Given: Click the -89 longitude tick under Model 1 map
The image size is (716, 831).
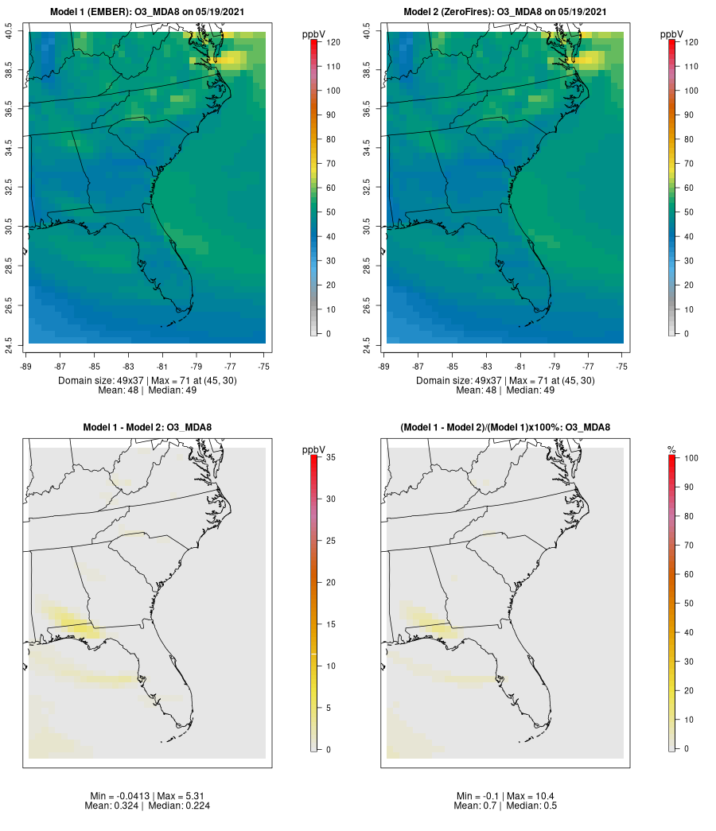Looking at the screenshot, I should pyautogui.click(x=25, y=367).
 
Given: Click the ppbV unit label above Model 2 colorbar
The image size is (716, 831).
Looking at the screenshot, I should pyautogui.click(x=672, y=34).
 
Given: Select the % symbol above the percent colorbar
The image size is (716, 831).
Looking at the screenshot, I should pyautogui.click(x=672, y=450).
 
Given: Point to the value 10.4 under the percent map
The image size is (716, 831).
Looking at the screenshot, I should pyautogui.click(x=539, y=796).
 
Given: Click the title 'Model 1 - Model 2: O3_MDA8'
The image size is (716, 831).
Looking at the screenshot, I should pyautogui.click(x=147, y=428).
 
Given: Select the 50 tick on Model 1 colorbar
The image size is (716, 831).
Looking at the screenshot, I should pyautogui.click(x=330, y=212).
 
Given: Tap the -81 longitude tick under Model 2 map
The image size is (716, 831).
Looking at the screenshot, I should pyautogui.click(x=520, y=367).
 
